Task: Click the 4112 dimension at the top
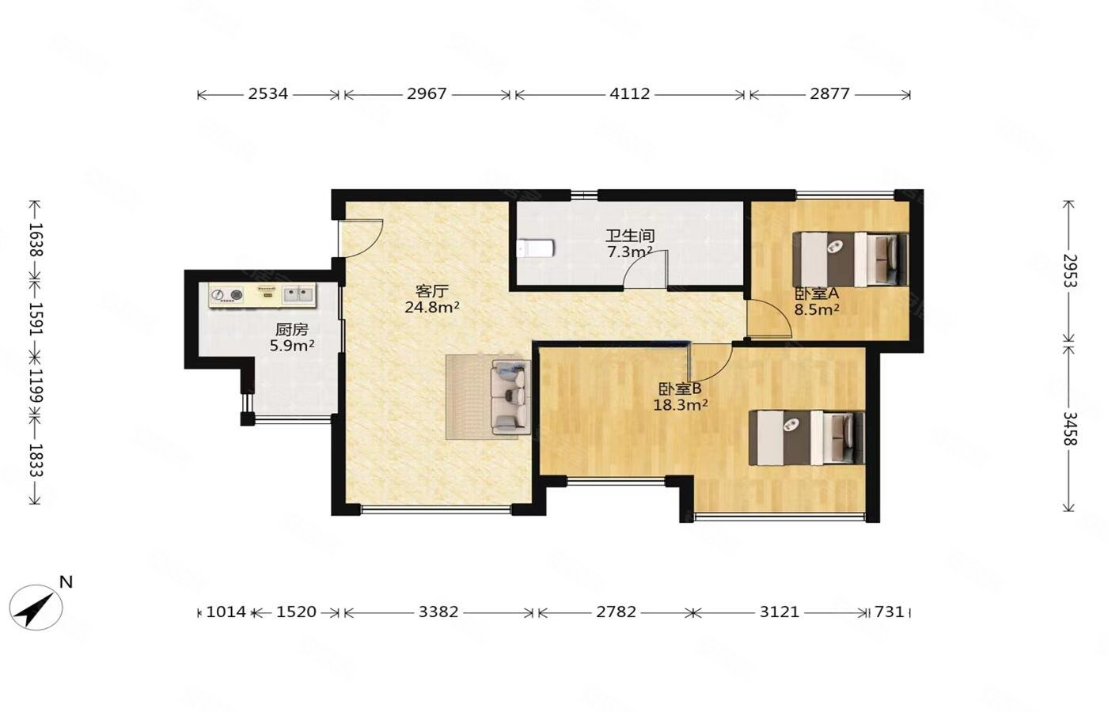pyautogui.click(x=629, y=93)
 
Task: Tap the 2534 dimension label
pyautogui.click(x=268, y=93)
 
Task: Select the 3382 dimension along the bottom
pyautogui.click(x=438, y=612)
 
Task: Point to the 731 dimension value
pyautogui.click(x=890, y=612)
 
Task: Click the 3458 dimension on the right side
pyautogui.click(x=1069, y=428)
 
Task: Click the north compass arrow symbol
pyautogui.click(x=36, y=608)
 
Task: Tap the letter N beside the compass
pyautogui.click(x=66, y=582)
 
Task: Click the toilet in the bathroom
pyautogui.click(x=535, y=248)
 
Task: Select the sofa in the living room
pyautogui.click(x=511, y=394)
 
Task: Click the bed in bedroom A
pyautogui.click(x=850, y=259)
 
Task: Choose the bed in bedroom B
pyautogui.click(x=806, y=437)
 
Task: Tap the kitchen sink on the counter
pyautogui.click(x=298, y=294)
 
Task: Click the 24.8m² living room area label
pyautogui.click(x=432, y=307)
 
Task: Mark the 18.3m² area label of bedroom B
pyautogui.click(x=680, y=405)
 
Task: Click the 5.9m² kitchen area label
pyautogui.click(x=292, y=345)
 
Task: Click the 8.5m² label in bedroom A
pyautogui.click(x=816, y=309)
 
